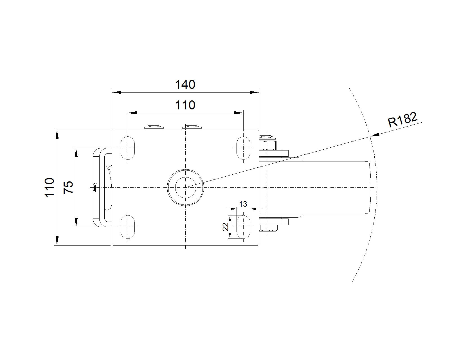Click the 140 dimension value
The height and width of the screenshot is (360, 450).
(x=185, y=85)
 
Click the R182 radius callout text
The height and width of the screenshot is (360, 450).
(x=402, y=120)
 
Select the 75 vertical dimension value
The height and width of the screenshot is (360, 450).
(x=68, y=187)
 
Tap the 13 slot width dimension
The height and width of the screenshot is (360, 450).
(x=243, y=204)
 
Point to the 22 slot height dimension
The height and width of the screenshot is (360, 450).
(x=226, y=227)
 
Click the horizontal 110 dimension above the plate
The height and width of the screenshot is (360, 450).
(x=185, y=105)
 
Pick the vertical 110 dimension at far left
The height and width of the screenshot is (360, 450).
(x=49, y=187)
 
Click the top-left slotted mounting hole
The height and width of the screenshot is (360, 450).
(x=128, y=148)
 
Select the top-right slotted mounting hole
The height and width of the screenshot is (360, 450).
(x=243, y=148)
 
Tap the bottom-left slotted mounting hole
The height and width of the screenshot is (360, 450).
(x=128, y=227)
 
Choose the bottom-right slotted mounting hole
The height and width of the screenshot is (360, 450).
(x=243, y=227)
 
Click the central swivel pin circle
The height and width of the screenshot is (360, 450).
(x=185, y=187)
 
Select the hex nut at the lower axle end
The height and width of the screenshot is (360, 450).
(x=269, y=228)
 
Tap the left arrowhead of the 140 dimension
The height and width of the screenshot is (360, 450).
(x=116, y=92)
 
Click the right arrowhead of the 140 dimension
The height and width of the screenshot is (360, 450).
(x=255, y=92)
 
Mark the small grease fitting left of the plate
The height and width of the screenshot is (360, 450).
(x=94, y=187)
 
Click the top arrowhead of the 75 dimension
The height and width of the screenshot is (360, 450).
(x=76, y=153)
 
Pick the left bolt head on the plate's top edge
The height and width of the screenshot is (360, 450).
(x=154, y=127)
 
